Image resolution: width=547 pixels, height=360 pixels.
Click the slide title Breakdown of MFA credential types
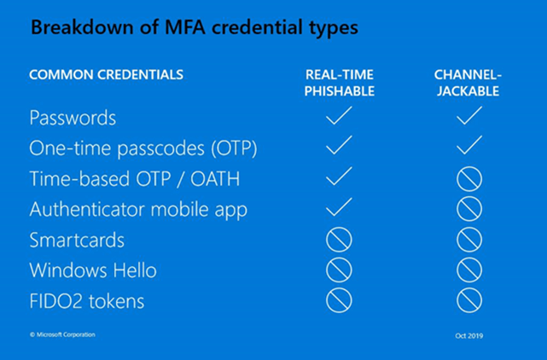195,28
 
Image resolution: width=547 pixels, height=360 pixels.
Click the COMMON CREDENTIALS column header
107,75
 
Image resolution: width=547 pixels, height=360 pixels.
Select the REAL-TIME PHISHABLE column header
340,83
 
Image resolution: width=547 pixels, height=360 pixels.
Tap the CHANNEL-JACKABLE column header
468,83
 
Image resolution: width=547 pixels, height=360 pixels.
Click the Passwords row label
73,118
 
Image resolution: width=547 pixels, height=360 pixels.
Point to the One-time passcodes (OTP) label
143,149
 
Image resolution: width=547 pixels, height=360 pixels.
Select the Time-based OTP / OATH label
135,179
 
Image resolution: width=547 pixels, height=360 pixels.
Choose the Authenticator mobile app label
138,210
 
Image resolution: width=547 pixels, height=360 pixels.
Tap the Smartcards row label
77,240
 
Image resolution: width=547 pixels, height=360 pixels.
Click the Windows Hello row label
93,270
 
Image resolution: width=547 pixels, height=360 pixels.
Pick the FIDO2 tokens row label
87,301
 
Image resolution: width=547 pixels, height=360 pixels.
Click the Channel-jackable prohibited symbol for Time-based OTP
469,169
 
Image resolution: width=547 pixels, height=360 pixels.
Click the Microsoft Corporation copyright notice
62,334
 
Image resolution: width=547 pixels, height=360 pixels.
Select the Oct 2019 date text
469,335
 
